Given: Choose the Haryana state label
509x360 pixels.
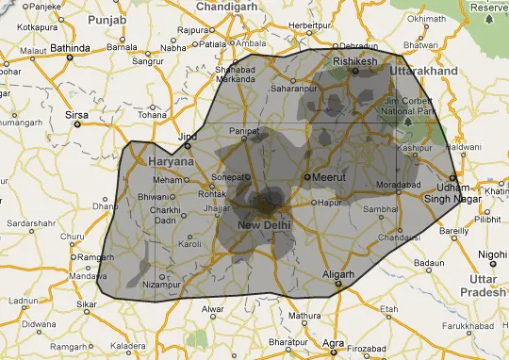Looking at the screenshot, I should coord(171,161).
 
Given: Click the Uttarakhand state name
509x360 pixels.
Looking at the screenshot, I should coord(426,72).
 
